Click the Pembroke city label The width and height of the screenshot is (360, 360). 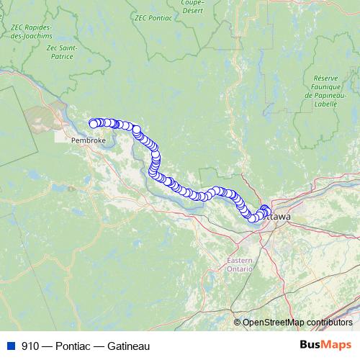[88, 140]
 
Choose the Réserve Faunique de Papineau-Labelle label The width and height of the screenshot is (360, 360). [331, 92]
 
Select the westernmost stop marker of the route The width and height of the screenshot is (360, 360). [93, 124]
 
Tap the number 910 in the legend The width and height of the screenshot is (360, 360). [30, 346]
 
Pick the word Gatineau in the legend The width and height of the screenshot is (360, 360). [129, 346]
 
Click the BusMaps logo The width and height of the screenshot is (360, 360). [325, 346]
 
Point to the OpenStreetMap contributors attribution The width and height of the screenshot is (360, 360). [298, 322]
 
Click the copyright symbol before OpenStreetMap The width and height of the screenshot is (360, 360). [238, 322]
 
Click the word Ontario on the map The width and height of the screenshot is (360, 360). [240, 269]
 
